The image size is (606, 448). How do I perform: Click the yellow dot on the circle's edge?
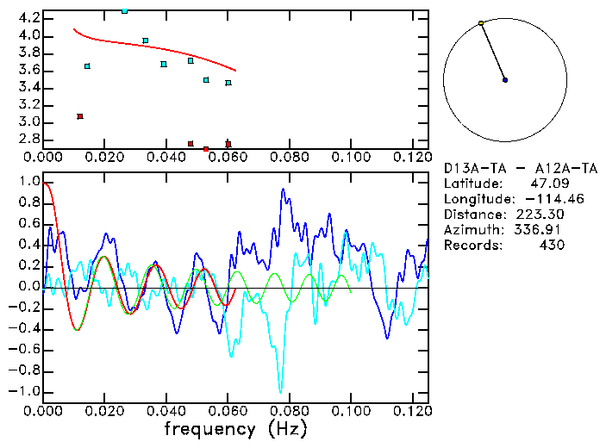click(x=481, y=22)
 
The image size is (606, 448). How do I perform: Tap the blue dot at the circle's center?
click(x=505, y=80)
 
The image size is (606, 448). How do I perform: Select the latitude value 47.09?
click(x=547, y=184)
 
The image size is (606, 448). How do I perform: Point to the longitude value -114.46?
click(x=543, y=199)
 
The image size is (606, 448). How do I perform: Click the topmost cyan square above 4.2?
click(x=125, y=10)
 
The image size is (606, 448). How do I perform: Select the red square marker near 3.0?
click(x=80, y=116)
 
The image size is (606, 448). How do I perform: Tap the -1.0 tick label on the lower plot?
click(x=25, y=391)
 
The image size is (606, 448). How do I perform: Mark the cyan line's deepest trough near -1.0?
click(x=280, y=392)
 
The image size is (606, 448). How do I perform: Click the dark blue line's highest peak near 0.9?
click(x=283, y=190)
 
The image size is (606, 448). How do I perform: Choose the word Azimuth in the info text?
click(x=471, y=230)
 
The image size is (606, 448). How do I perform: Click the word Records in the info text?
click(x=471, y=246)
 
